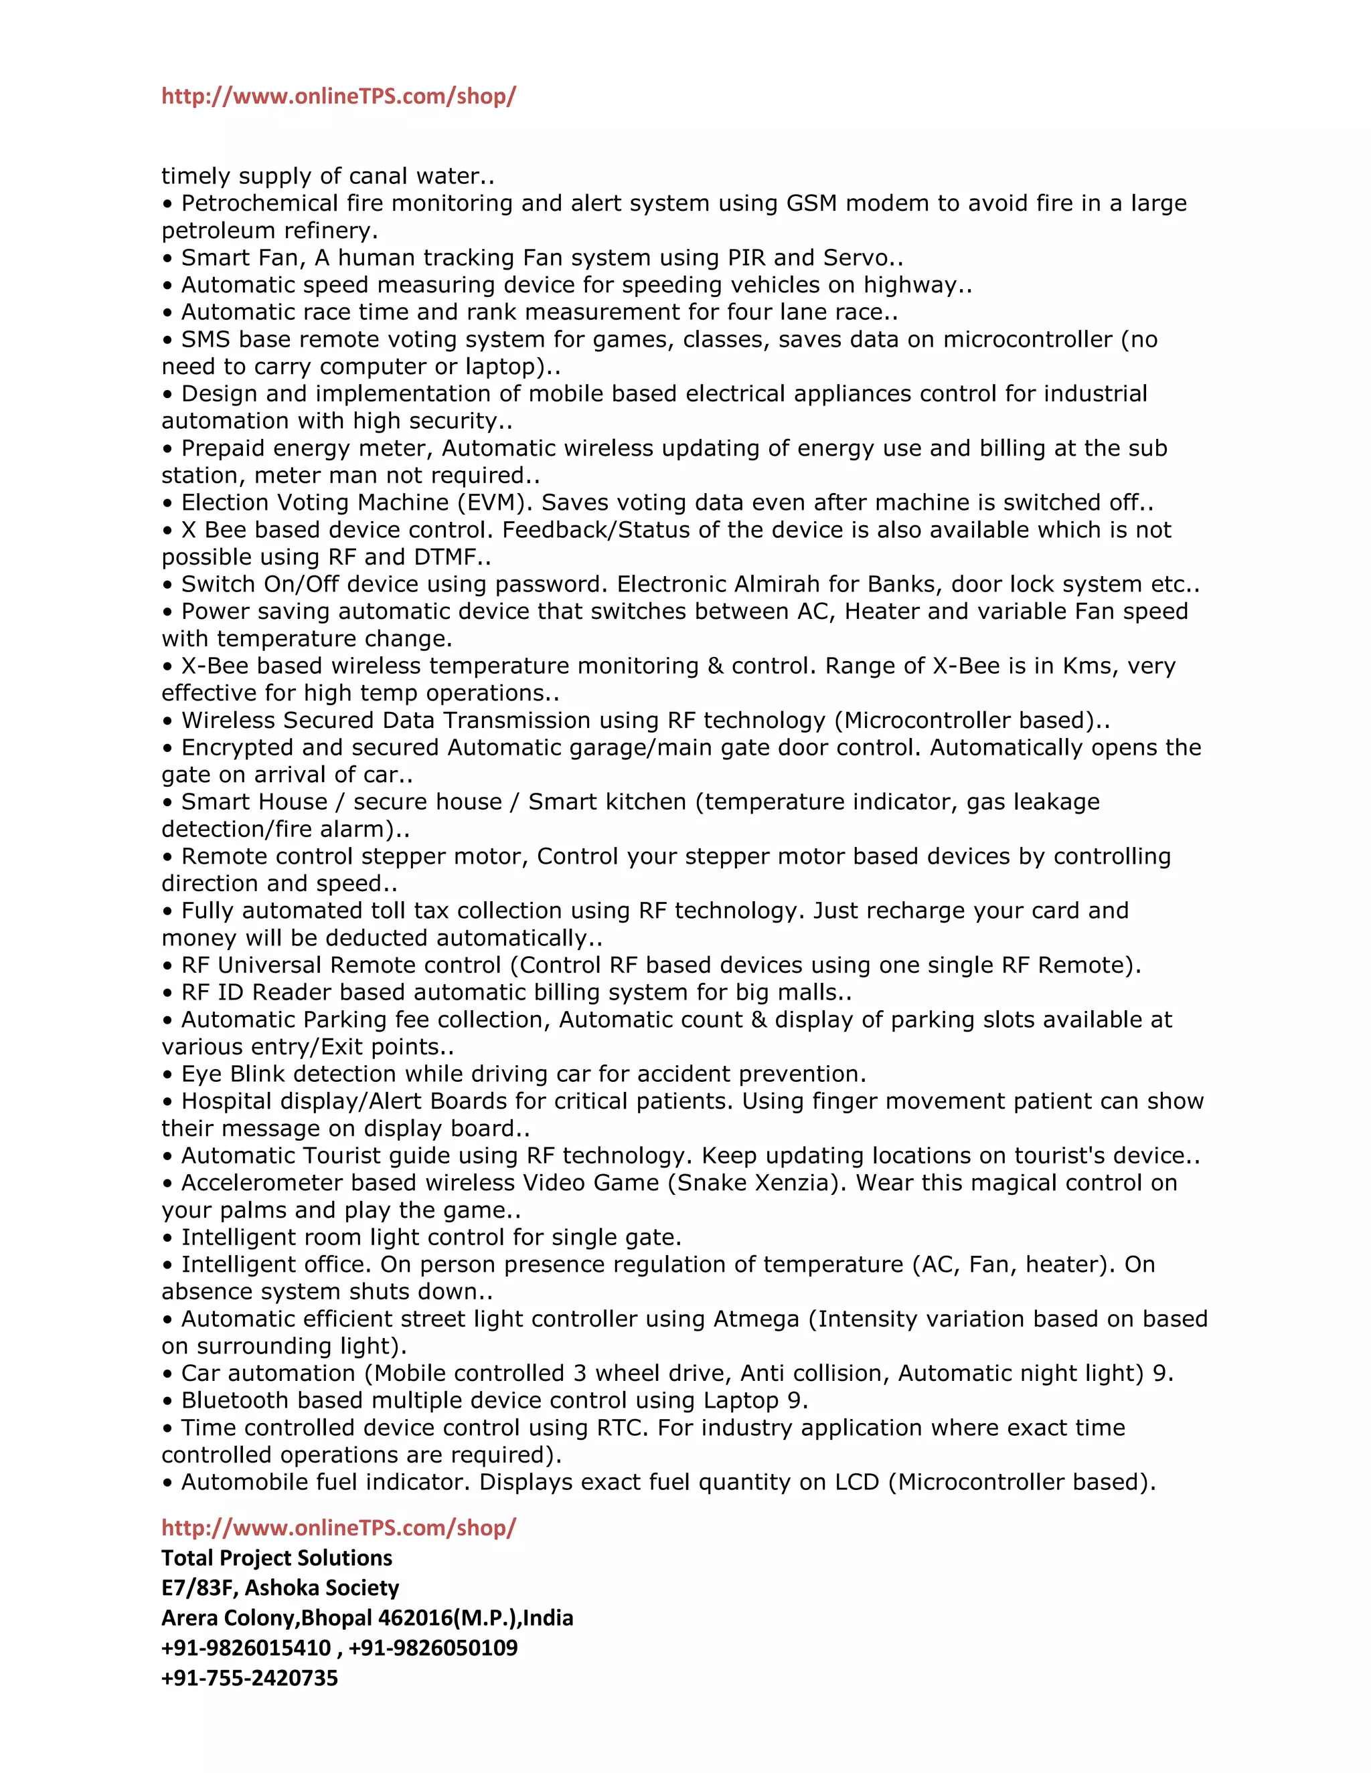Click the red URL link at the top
pyautogui.click(x=338, y=96)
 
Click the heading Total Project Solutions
pyautogui.click(x=276, y=1558)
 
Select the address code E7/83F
pyautogui.click(x=197, y=1588)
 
